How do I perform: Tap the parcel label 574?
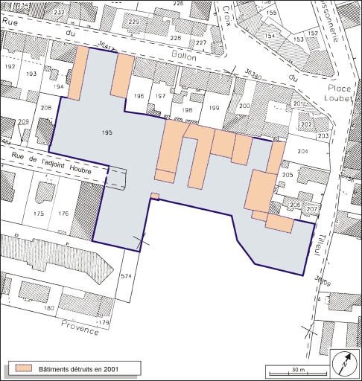click(125, 277)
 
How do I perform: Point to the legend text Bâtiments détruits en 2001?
click(79, 368)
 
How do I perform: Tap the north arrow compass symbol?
click(345, 362)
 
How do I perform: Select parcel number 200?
click(244, 106)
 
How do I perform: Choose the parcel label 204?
click(302, 151)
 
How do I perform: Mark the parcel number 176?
click(64, 214)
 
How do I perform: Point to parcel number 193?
click(31, 73)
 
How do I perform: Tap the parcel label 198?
click(188, 110)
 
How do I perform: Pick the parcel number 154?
click(270, 36)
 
